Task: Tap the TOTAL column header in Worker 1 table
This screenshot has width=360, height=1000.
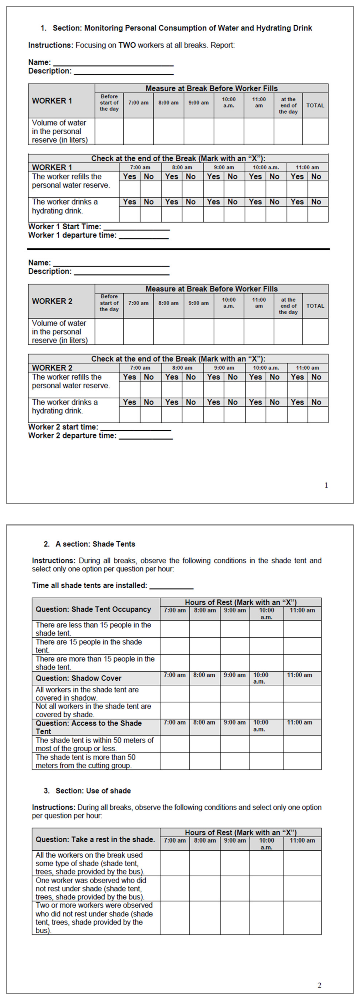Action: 315,105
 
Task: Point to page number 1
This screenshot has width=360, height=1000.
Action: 326,485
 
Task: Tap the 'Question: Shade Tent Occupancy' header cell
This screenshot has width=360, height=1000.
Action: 93,609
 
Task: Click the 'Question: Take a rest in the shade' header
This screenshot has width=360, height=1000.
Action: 95,839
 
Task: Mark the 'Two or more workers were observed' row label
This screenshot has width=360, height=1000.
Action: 94,918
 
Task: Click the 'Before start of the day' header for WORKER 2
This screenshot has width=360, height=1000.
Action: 109,303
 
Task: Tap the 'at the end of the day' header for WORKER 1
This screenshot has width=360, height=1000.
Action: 288,105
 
